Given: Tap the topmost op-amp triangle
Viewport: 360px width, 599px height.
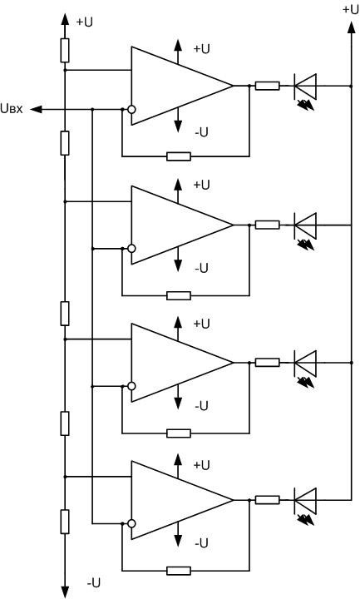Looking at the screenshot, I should (x=175, y=86).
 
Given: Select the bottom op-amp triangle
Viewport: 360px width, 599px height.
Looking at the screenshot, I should (x=175, y=500).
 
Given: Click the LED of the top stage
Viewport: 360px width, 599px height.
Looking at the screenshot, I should (x=306, y=85).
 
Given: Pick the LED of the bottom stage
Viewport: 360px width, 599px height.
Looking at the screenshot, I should (x=306, y=500).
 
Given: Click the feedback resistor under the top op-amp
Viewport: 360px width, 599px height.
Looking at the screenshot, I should (x=178, y=156).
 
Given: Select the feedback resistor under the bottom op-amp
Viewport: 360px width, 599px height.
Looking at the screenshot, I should (x=178, y=571).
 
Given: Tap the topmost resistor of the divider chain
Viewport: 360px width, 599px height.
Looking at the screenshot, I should (x=65, y=51).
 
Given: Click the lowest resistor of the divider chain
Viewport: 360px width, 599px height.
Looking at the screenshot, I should (x=65, y=522).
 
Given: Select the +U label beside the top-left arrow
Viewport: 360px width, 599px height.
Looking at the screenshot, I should (x=84, y=22).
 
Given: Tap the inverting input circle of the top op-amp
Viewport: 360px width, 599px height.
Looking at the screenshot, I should (x=131, y=109).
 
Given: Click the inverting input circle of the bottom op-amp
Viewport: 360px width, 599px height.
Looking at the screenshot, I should (x=131, y=523).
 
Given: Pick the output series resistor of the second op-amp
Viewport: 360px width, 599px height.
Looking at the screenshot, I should (x=267, y=224).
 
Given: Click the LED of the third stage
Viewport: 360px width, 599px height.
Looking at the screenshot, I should (x=306, y=362).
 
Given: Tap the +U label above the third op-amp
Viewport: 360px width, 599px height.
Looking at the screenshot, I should (x=202, y=323).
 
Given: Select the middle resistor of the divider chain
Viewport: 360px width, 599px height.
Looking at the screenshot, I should (x=65, y=314).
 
